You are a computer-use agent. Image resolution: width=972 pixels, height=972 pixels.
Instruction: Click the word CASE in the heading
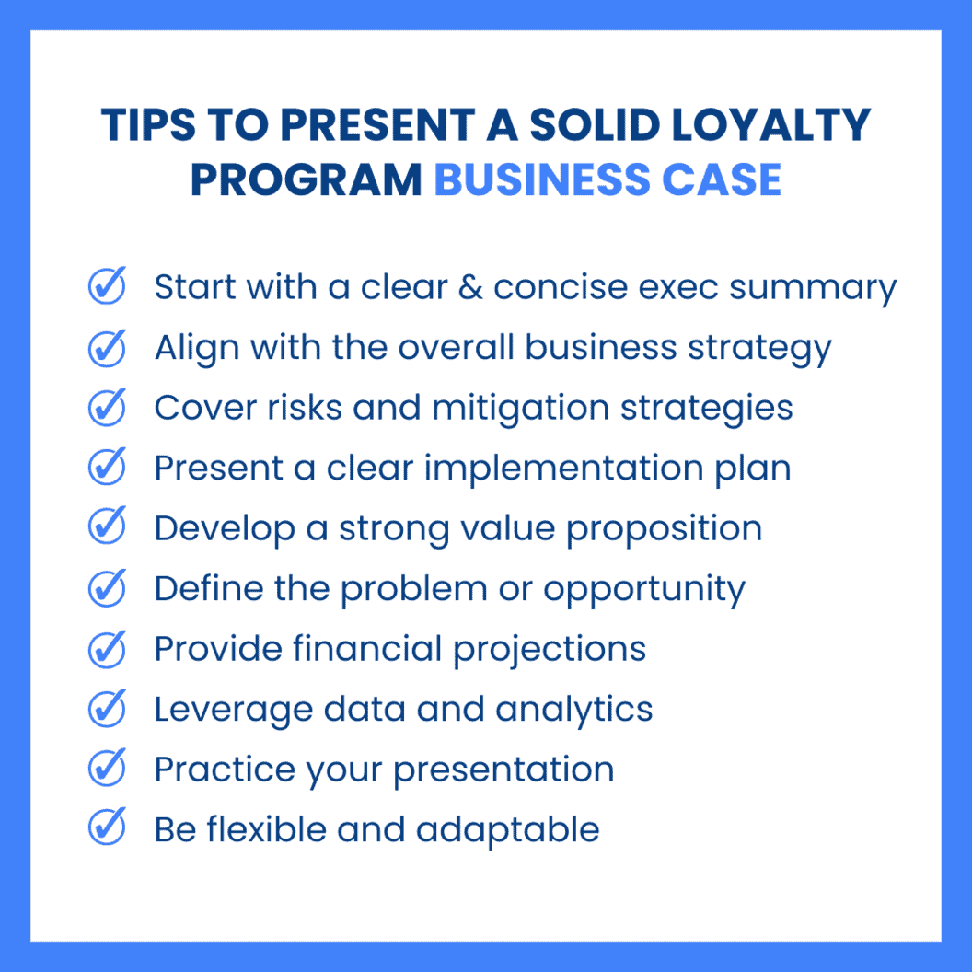(729, 179)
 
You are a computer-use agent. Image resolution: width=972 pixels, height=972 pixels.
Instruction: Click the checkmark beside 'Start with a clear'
(107, 287)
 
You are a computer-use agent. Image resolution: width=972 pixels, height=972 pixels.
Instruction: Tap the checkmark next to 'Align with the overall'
(107, 348)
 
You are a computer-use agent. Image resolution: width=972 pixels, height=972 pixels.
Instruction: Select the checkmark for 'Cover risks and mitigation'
(107, 408)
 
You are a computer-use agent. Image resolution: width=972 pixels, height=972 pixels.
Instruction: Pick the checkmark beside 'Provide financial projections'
(107, 649)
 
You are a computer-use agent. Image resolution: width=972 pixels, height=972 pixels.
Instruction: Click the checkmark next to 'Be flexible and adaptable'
(107, 829)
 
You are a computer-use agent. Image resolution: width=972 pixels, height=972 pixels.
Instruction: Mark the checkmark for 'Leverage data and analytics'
(107, 709)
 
